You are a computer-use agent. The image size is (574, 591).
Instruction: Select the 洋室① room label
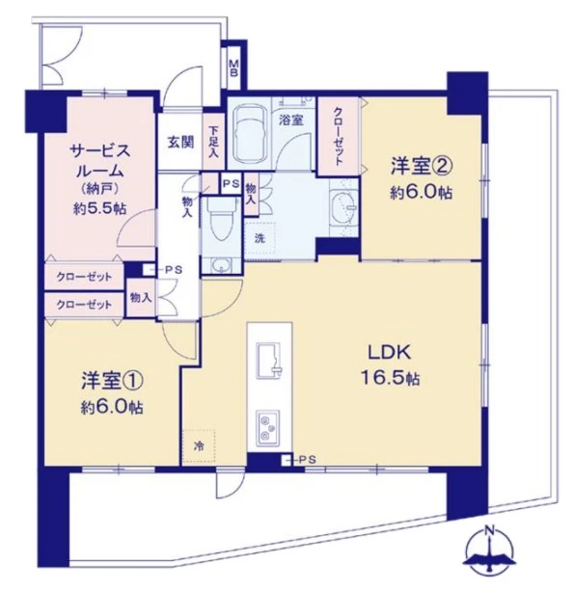click(x=111, y=393)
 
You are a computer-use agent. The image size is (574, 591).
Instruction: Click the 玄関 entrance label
click(x=179, y=143)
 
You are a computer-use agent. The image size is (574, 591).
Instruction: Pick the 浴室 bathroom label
click(x=289, y=121)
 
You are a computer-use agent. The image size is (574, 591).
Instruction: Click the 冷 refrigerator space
click(x=199, y=446)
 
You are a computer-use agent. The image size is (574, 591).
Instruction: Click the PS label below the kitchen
click(x=307, y=460)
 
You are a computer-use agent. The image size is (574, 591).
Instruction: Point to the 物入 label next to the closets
click(x=140, y=298)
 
